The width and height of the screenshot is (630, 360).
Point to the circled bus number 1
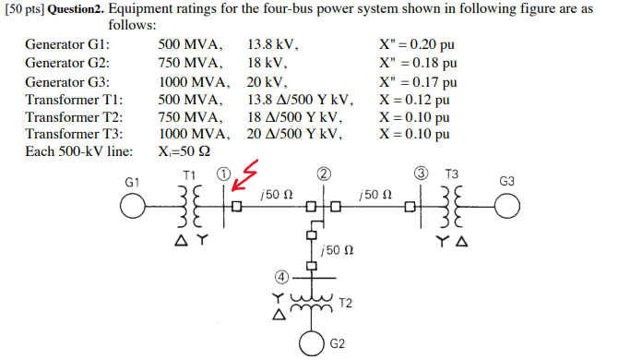point(223,174)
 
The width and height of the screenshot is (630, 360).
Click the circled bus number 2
point(323,174)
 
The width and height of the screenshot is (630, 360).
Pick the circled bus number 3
point(422,174)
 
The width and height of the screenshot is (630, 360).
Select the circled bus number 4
point(283,275)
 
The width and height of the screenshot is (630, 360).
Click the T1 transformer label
point(189,174)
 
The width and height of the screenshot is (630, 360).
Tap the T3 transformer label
point(451,174)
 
